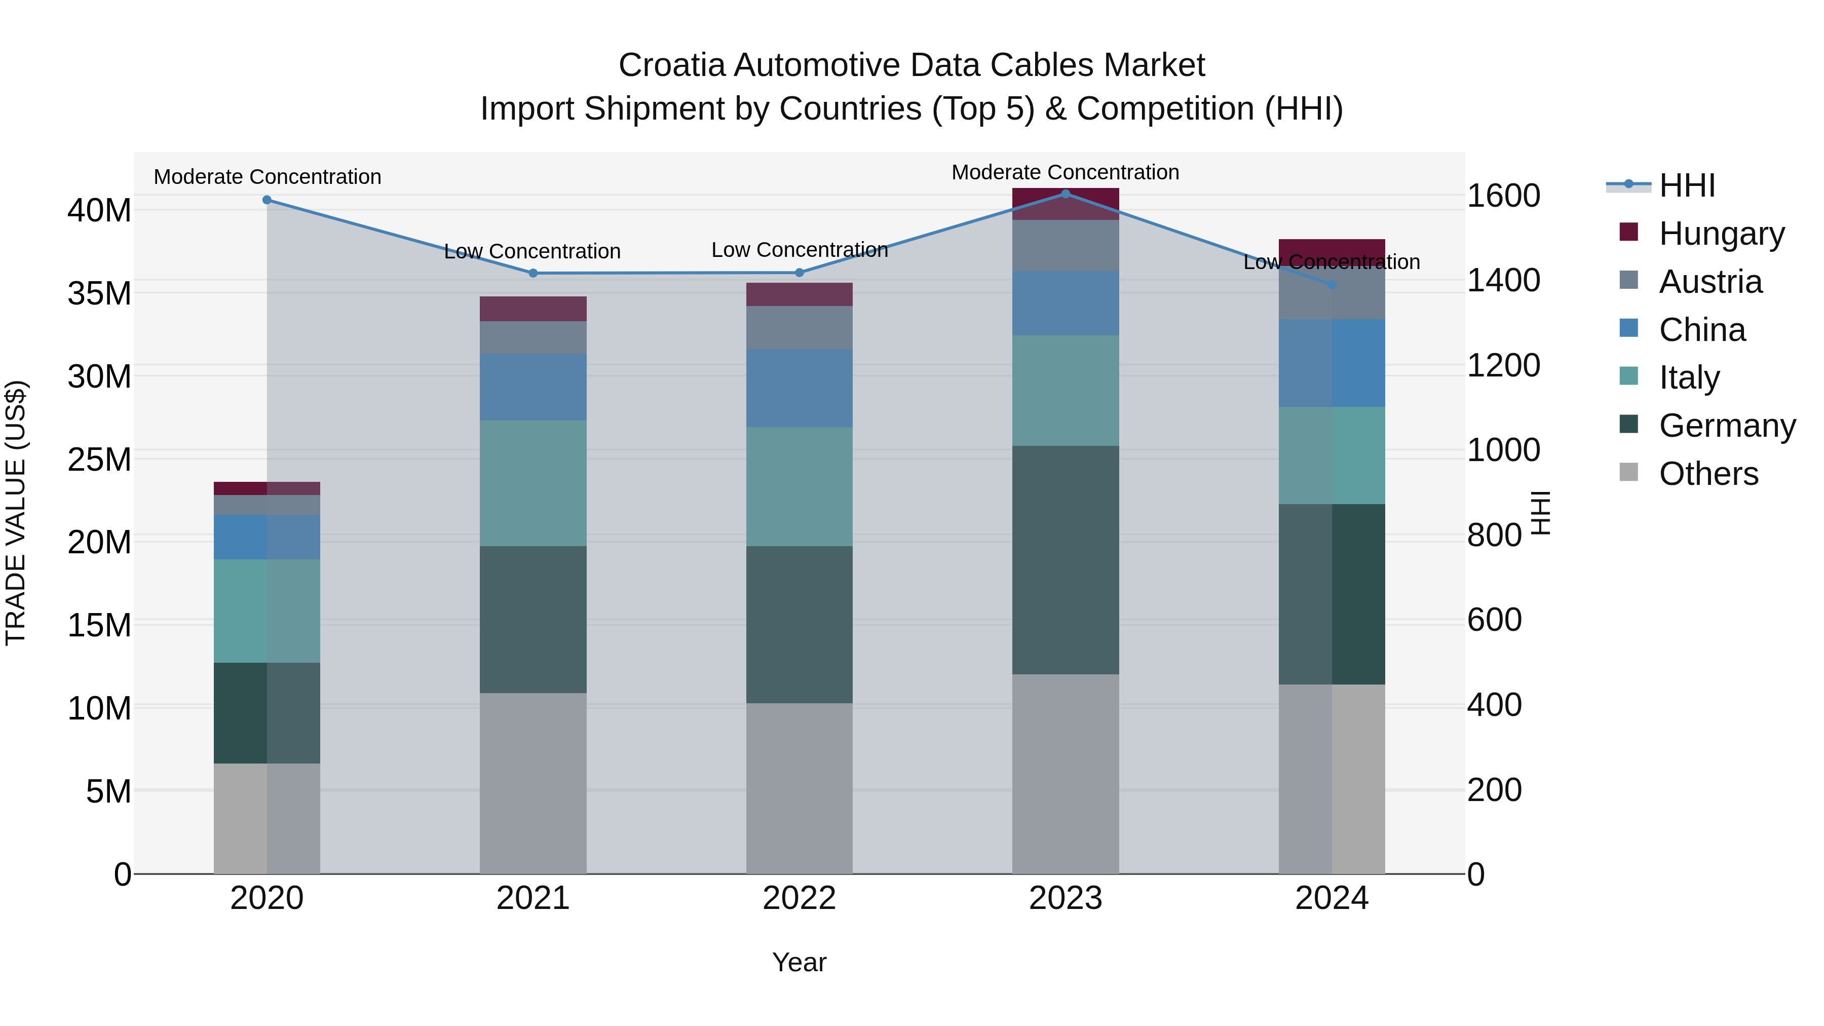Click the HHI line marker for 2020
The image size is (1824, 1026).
point(267,200)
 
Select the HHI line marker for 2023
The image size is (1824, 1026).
point(1065,194)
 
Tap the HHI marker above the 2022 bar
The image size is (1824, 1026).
point(800,273)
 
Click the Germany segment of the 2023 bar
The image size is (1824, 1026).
point(1065,559)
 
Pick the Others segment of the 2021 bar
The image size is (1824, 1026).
point(533,782)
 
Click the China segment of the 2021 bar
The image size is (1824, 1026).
point(533,387)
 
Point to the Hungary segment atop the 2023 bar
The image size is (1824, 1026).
point(1065,204)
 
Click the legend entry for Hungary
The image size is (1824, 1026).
point(1721,233)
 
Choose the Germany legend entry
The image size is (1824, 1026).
point(1726,425)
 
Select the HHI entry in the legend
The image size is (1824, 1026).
point(1687,185)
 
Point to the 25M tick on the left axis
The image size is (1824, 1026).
point(99,460)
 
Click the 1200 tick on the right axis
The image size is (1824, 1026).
point(1503,365)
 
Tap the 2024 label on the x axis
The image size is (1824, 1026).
point(1331,898)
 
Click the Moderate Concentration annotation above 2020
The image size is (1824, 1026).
point(268,177)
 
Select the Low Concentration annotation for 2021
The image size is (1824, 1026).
point(533,251)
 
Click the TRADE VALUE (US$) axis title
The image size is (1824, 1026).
point(16,513)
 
